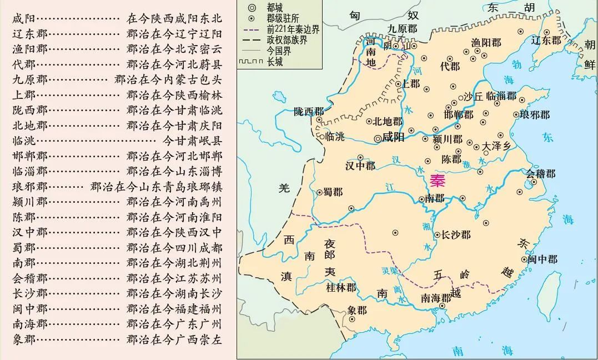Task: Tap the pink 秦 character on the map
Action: (x=438, y=182)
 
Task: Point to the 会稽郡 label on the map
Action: (x=541, y=174)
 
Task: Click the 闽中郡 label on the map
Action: (x=542, y=259)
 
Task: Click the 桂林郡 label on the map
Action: (x=341, y=287)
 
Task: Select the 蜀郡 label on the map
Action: (x=334, y=192)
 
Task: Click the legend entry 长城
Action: (x=274, y=62)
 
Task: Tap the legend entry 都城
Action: (x=274, y=8)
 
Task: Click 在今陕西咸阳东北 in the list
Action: (x=174, y=19)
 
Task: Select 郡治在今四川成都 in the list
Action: (x=174, y=248)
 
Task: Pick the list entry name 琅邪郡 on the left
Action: (x=30, y=187)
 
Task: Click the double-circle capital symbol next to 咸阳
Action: (x=378, y=138)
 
